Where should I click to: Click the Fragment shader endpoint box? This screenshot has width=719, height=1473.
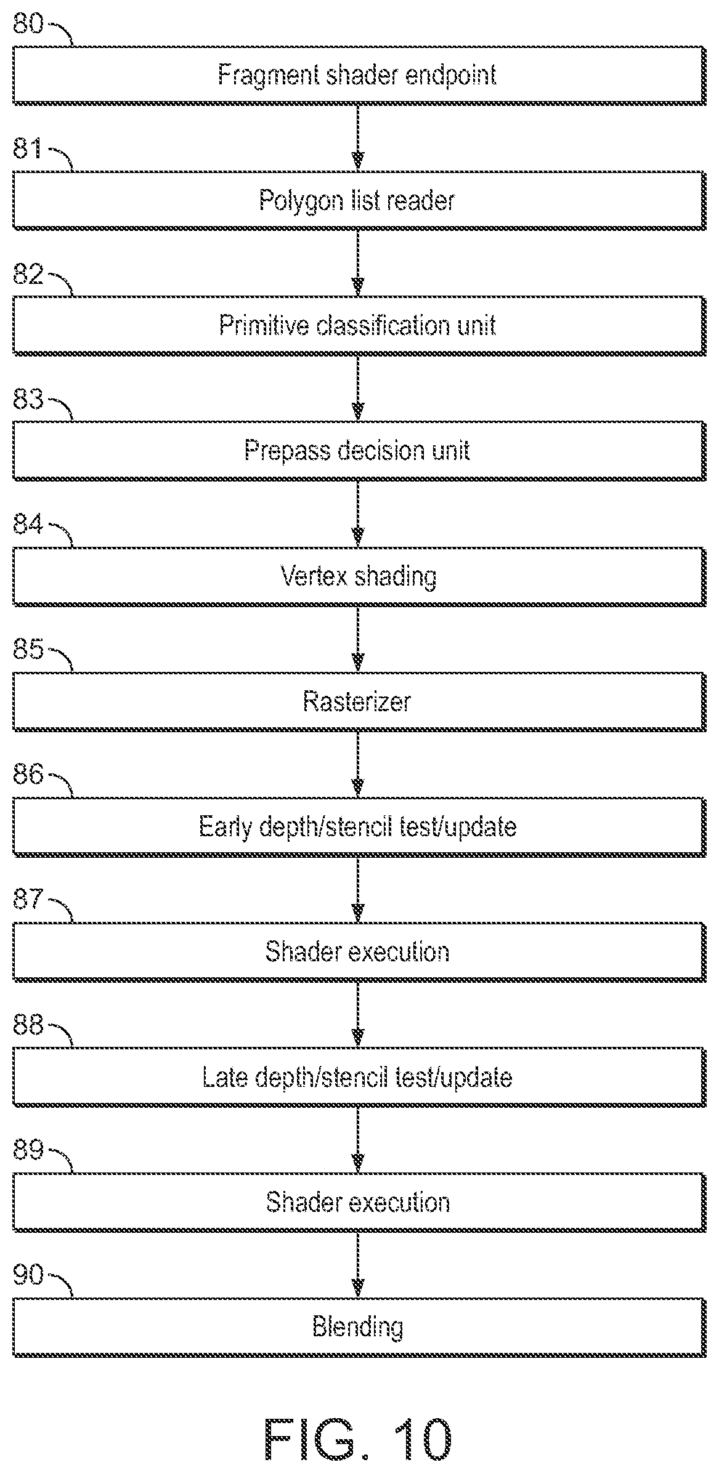359,75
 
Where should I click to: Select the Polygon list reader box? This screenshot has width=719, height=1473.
359,201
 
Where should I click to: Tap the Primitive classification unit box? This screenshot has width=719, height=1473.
359,326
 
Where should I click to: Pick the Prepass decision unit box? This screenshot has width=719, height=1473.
359,451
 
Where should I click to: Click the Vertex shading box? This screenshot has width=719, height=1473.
359,576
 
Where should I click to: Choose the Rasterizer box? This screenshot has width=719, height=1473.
359,701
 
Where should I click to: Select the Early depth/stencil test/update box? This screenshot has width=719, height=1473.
359,826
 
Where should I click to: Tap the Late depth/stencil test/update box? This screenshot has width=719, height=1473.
359,1077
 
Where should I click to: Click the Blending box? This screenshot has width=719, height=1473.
359,1327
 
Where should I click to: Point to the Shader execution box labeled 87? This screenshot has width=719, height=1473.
359,952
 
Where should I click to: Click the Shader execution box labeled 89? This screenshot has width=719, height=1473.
359,1202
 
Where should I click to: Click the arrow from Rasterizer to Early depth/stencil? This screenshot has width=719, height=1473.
358,764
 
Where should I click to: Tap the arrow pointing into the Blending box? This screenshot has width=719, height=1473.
358,1265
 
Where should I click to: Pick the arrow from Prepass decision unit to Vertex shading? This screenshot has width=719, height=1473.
358,514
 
